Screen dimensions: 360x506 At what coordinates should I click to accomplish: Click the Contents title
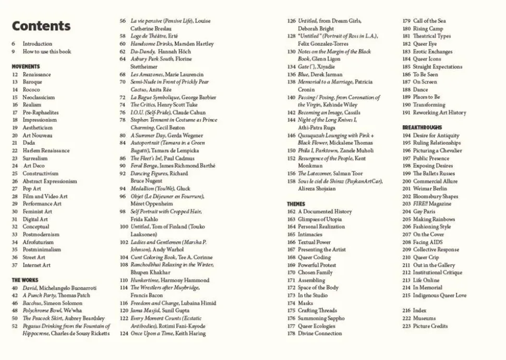[41, 26]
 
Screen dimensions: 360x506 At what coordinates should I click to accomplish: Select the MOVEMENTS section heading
[26, 67]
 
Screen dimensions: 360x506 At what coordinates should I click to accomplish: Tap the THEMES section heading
[296, 204]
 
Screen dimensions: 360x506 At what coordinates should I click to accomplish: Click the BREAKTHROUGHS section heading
[422, 127]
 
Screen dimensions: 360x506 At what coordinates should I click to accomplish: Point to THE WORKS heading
[25, 280]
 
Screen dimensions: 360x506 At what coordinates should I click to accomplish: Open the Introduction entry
[37, 44]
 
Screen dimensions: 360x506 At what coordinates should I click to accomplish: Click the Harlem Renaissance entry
[46, 151]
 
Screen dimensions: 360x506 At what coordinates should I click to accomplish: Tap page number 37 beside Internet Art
[15, 265]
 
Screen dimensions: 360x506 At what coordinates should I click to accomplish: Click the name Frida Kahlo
[144, 220]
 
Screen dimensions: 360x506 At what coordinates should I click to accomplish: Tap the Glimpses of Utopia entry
[320, 220]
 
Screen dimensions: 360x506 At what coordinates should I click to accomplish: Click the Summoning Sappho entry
[321, 318]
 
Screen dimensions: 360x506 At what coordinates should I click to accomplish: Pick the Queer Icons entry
[427, 59]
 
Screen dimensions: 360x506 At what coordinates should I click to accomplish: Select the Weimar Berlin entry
[430, 189]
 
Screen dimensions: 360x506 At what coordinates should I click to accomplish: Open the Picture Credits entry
[430, 326]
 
